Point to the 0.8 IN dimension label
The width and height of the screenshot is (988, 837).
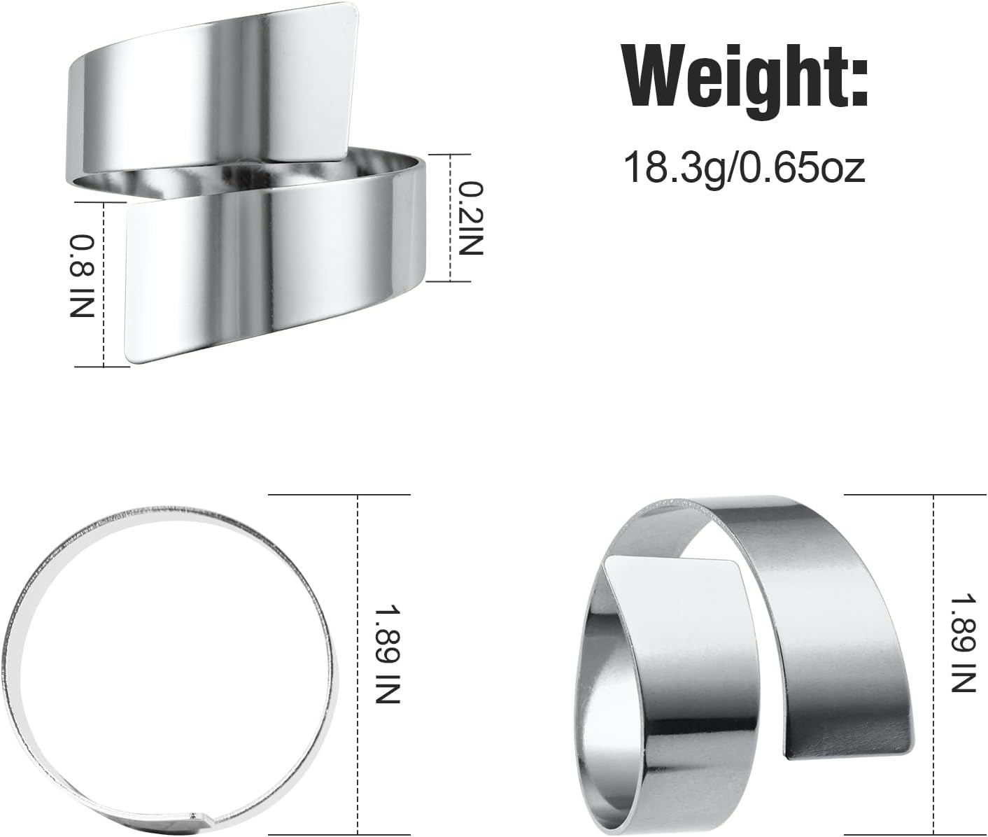[x=83, y=276]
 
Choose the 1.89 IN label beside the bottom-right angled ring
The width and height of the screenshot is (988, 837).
[x=963, y=643]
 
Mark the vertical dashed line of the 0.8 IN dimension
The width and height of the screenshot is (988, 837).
[x=104, y=283]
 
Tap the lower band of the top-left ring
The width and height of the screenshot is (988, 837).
[x=280, y=273]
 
